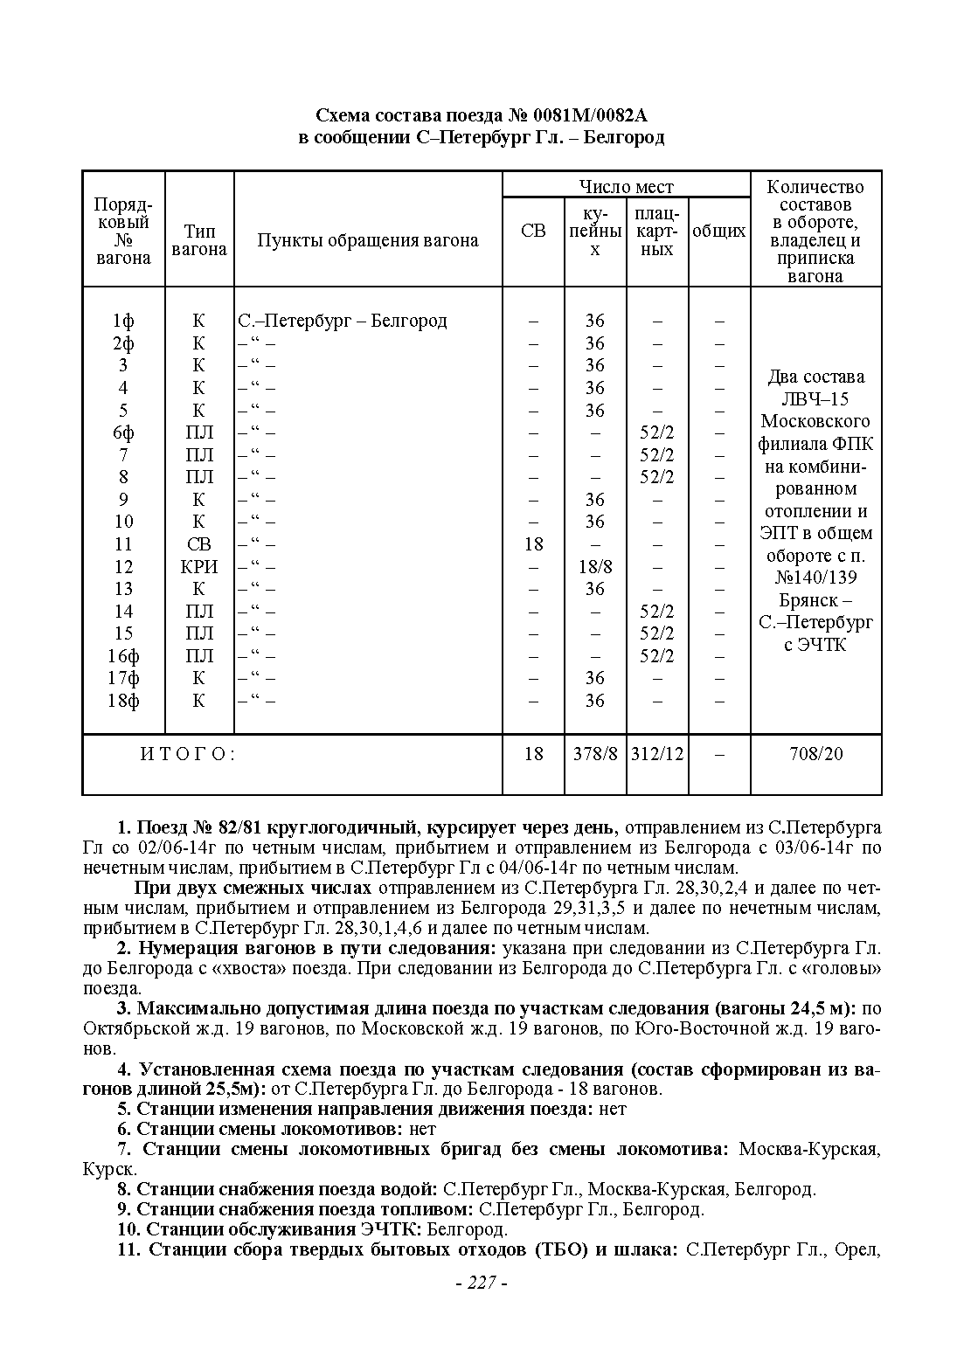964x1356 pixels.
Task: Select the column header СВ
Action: click(533, 231)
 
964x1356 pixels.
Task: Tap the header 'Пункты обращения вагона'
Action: click(368, 240)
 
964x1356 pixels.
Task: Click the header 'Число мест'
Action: click(626, 186)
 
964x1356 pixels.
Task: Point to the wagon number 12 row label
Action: click(123, 566)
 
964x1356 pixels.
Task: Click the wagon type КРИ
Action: click(199, 566)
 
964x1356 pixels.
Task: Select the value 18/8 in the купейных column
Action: click(595, 566)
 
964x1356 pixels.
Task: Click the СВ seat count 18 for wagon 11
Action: click(533, 543)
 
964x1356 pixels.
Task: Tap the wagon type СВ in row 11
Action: click(199, 543)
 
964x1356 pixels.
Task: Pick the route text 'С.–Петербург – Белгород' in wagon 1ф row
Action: click(343, 321)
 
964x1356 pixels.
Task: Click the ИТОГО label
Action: click(188, 753)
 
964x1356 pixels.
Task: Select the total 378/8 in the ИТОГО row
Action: click(595, 753)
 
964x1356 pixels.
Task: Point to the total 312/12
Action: click(657, 753)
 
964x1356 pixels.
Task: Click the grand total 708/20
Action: click(815, 753)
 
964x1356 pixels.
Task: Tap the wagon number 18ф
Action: click(123, 700)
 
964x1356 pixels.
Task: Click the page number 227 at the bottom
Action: click(482, 1283)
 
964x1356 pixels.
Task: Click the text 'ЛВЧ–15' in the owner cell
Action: click(815, 399)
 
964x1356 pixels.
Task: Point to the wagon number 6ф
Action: click(123, 432)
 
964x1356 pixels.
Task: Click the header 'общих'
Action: click(719, 231)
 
